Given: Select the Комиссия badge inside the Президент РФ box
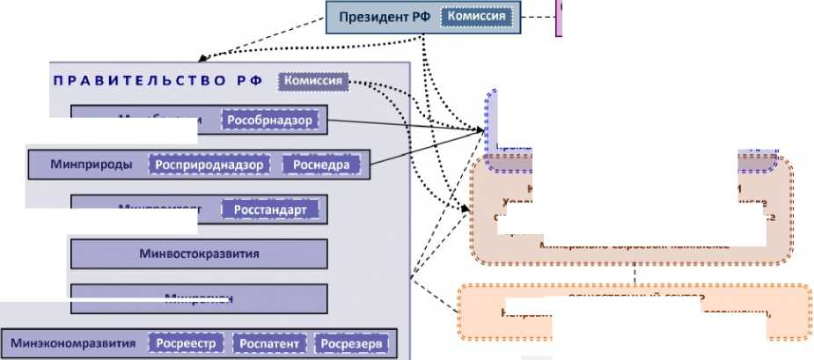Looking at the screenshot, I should (x=475, y=16).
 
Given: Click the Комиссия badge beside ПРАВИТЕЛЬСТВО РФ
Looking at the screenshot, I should (x=312, y=81).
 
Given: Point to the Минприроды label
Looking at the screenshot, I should (x=91, y=164).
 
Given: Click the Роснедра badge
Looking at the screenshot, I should (x=321, y=164).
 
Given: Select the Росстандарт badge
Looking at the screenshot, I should (x=268, y=210).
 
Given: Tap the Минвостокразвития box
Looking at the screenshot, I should (x=199, y=253).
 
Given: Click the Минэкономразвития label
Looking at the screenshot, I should (x=74, y=343).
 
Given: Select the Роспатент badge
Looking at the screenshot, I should (x=270, y=343).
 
